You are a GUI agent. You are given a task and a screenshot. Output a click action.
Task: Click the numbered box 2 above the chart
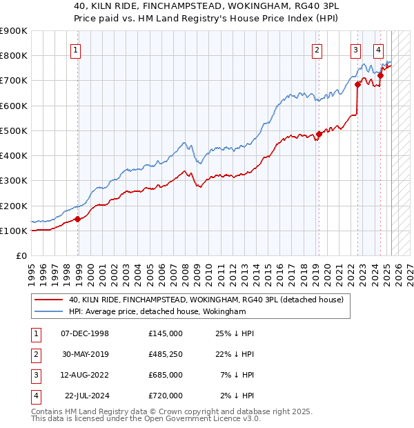coord(317,50)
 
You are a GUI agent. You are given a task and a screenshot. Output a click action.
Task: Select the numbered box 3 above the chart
coord(355,50)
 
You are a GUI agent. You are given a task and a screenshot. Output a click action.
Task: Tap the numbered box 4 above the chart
coord(379,50)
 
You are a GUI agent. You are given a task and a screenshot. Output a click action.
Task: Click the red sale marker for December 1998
coord(78,220)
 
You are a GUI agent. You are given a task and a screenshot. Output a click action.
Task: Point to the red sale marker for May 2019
coord(319,135)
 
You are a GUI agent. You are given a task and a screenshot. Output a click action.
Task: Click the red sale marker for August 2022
coord(357,84)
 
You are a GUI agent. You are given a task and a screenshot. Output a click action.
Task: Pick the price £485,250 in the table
coord(165,354)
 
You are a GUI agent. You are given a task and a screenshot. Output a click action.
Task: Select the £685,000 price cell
coord(165,375)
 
